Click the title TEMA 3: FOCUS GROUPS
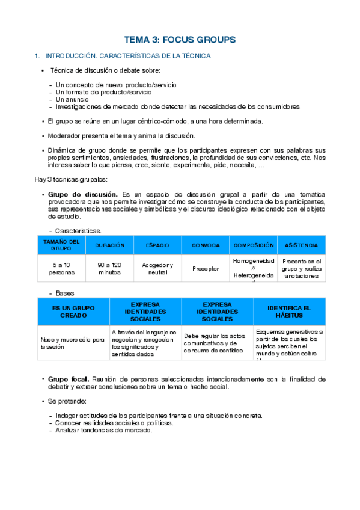(x=180, y=40)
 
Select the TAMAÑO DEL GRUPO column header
(x=61, y=245)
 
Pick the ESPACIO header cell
(x=157, y=245)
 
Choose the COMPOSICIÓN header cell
(x=254, y=245)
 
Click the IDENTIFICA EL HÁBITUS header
(x=289, y=312)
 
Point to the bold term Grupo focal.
(x=69, y=379)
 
